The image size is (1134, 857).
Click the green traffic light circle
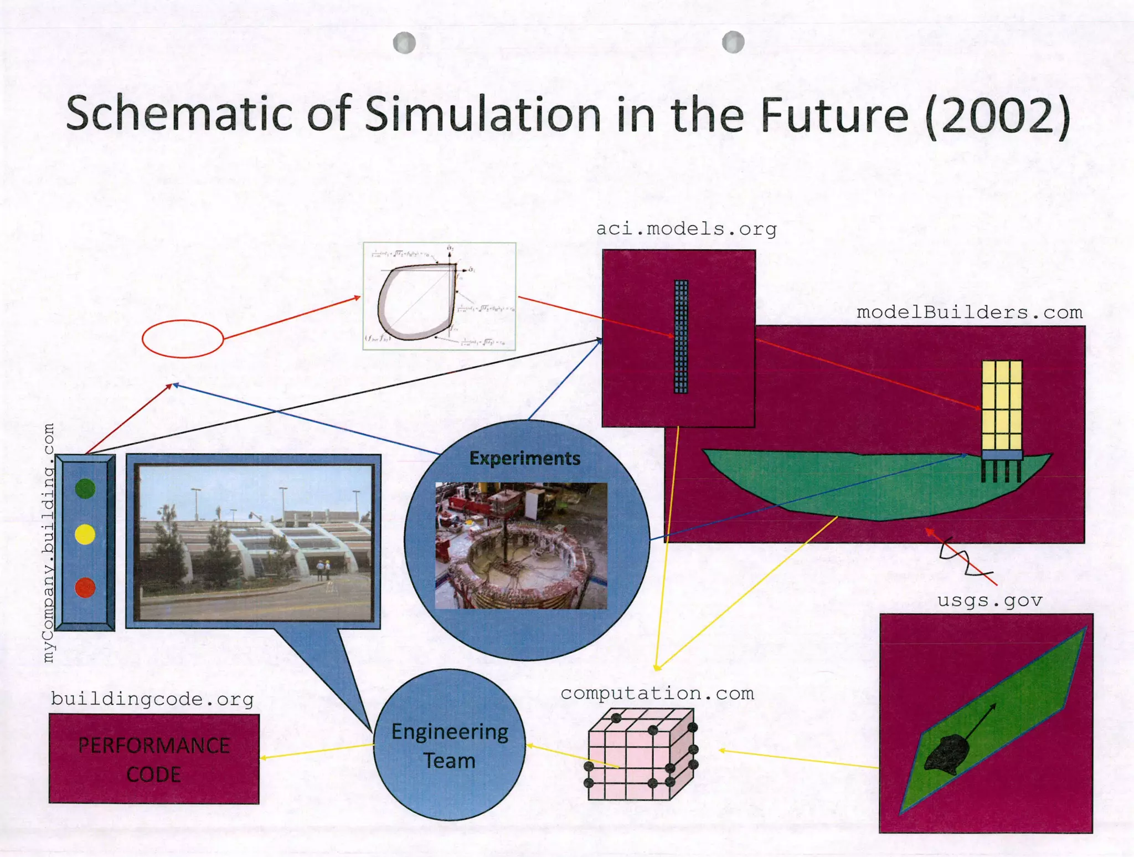coord(85,489)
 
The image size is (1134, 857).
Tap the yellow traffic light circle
coord(85,535)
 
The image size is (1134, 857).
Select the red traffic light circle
coord(85,587)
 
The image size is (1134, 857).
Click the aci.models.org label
coord(686,229)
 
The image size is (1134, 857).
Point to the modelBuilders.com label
coord(969,312)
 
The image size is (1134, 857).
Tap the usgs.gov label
coord(989,601)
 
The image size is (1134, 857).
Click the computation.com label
coord(657,694)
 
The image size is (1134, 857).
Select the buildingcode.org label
coord(152,699)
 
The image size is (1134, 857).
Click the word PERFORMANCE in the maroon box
coord(154,746)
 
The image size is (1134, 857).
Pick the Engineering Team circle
coord(450,745)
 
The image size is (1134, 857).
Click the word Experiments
coord(524,459)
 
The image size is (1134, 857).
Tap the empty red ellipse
coord(183,338)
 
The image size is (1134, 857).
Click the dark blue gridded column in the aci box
coord(681,336)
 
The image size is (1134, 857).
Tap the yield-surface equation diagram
coord(439,296)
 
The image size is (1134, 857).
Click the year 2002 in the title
coord(997,115)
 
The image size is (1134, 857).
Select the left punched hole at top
coord(404,43)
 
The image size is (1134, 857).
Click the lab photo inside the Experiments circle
coord(521,546)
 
